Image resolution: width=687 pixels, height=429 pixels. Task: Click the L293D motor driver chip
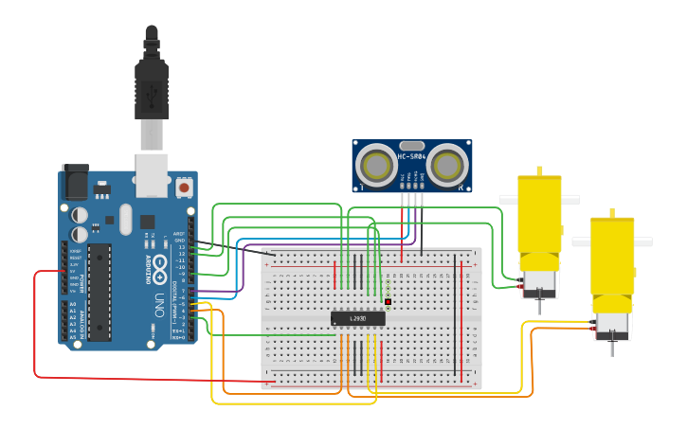tap(358, 319)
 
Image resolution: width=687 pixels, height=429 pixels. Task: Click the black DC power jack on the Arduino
tap(74, 182)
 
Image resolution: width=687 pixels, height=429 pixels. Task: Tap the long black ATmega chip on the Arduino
tap(99, 291)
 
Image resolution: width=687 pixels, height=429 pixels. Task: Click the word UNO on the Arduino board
tap(160, 304)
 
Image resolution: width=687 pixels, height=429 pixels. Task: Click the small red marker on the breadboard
tap(388, 302)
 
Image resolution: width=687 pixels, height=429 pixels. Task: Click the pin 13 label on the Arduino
tap(181, 246)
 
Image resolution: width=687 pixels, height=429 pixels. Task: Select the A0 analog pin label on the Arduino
tap(73, 304)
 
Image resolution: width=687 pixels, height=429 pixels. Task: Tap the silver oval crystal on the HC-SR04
tap(412, 145)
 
